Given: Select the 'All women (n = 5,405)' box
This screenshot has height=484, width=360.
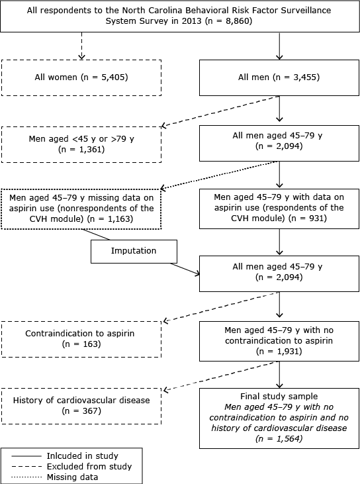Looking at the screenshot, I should click(81, 77).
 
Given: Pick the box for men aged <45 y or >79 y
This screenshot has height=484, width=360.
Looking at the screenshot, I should click(81, 144).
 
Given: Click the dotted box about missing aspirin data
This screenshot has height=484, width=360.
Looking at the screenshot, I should click(81, 210).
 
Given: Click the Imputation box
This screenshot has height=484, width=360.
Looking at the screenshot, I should click(134, 252).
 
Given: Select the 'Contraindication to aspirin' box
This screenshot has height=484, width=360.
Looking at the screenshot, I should click(81, 339).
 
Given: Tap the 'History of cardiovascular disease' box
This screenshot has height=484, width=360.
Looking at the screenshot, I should click(81, 406).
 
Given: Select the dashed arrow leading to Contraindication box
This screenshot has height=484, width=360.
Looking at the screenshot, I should click(218, 309).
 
